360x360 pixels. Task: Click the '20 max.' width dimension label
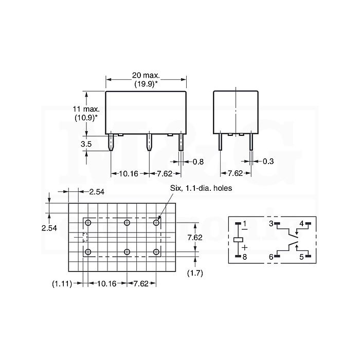pyautogui.click(x=146, y=75)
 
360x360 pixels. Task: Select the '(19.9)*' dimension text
pyautogui.click(x=146, y=84)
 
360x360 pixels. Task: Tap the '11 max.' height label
pyautogui.click(x=86, y=109)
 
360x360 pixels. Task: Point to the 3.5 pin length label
pyautogui.click(x=86, y=144)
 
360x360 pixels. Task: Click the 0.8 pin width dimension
pyautogui.click(x=198, y=162)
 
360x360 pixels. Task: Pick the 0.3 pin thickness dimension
pyautogui.click(x=268, y=161)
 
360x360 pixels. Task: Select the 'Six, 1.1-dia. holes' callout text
pyautogui.click(x=201, y=188)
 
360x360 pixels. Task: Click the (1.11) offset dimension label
pyautogui.click(x=62, y=284)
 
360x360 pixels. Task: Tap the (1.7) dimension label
pyautogui.click(x=195, y=273)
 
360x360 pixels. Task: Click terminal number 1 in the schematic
pyautogui.click(x=244, y=223)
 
